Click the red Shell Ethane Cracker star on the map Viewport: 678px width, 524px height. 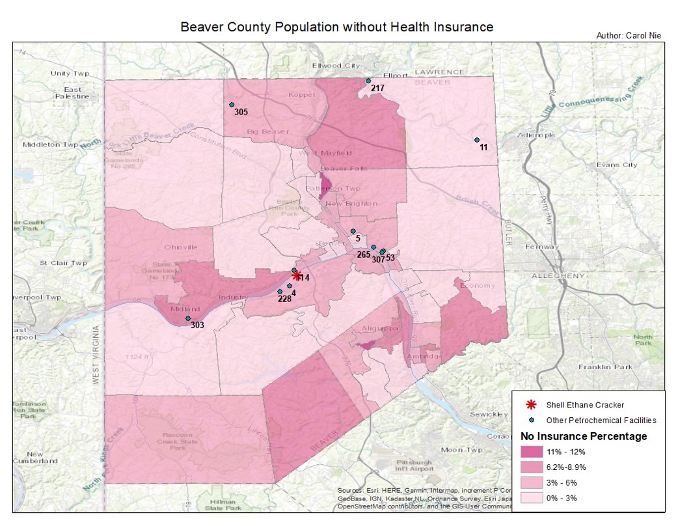click(x=297, y=276)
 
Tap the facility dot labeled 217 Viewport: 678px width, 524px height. click(x=368, y=81)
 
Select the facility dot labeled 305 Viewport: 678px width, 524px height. click(x=231, y=105)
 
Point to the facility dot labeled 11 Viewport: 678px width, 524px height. click(x=477, y=140)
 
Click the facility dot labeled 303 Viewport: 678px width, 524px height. click(x=188, y=318)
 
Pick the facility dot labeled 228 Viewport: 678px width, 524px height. click(x=280, y=292)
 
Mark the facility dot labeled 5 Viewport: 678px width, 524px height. click(x=353, y=231)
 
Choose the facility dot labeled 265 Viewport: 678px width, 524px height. click(x=373, y=247)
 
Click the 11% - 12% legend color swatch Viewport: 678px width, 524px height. click(x=533, y=451)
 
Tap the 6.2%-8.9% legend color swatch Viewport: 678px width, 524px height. click(x=533, y=467)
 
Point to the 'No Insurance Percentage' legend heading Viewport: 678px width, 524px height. click(x=584, y=436)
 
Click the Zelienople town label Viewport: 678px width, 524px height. click(x=536, y=135)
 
